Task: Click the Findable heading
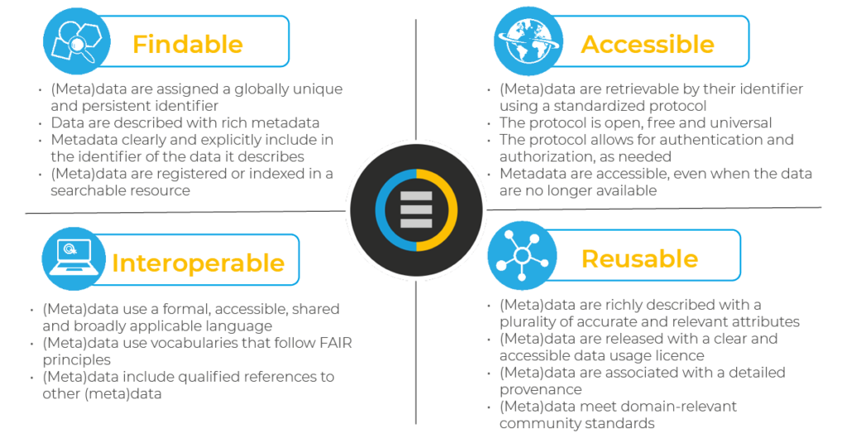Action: [188, 44]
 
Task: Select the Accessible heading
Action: [647, 44]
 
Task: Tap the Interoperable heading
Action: [198, 263]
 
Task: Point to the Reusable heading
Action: [639, 259]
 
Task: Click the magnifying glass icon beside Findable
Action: [76, 41]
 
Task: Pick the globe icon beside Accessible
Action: [528, 40]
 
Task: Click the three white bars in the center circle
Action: [416, 210]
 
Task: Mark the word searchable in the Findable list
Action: [85, 191]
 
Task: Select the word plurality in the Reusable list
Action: [531, 322]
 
